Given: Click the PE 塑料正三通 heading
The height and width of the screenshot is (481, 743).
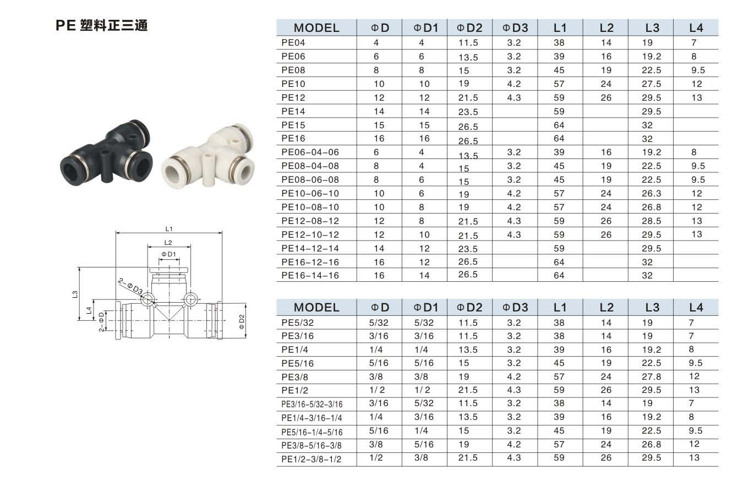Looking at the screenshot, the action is tap(101, 25).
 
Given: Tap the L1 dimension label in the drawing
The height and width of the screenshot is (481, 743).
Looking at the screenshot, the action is tap(169, 229).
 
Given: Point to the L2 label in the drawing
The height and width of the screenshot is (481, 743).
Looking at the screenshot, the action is tap(168, 243).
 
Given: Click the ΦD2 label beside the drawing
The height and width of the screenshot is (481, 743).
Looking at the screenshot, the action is tap(242, 321).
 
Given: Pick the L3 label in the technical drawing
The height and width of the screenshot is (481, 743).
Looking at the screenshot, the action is tap(75, 294).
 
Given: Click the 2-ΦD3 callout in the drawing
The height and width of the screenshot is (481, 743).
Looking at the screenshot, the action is tap(130, 286).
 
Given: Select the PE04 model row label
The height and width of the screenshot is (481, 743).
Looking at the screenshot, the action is tap(293, 43).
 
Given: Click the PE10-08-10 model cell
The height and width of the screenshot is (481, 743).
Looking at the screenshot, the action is tap(310, 207).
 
